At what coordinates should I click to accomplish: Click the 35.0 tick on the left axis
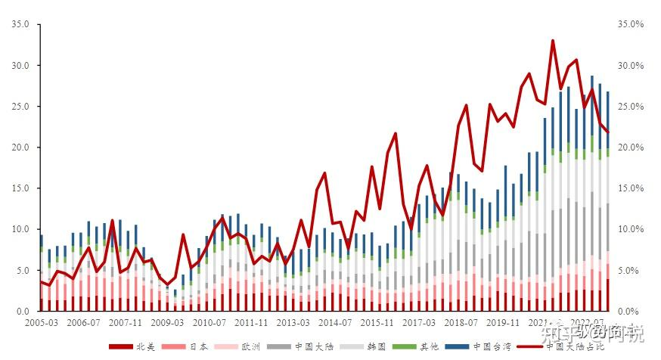coord(20,24)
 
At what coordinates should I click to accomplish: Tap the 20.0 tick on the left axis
coord(20,147)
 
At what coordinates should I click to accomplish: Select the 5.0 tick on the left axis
coord(23,270)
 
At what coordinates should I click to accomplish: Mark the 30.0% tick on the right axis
coord(629,66)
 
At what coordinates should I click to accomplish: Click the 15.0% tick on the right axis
coord(629,188)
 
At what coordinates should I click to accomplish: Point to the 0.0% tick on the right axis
coord(632,311)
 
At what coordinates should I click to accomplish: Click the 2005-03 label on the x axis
coord(41,322)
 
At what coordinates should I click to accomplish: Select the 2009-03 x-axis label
coord(166,322)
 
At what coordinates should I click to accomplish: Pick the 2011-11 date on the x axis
coord(250,322)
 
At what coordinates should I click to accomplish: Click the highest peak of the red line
coord(553,41)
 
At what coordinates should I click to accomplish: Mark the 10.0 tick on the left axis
coord(20,229)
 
